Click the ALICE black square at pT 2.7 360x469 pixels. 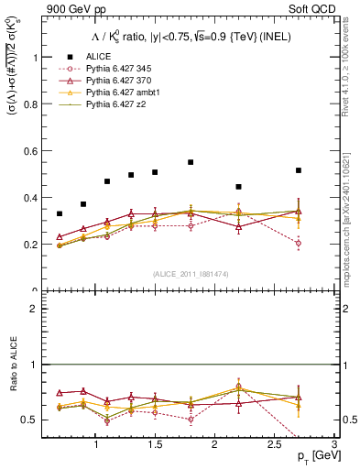(299, 170)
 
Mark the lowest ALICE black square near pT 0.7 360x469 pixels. (60, 213)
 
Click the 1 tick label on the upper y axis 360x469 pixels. (36, 57)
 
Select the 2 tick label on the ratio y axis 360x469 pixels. (36, 309)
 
